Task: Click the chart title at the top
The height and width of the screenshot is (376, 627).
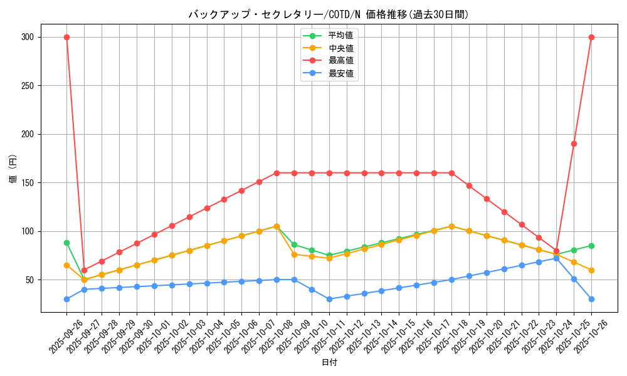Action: click(329, 14)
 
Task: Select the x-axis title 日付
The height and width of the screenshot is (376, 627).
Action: click(329, 363)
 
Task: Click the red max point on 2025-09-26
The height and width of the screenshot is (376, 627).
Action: click(66, 37)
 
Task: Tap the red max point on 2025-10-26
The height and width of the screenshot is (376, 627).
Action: click(591, 37)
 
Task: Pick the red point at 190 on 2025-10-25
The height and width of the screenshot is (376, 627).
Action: click(574, 144)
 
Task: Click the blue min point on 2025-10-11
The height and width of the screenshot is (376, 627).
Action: click(329, 299)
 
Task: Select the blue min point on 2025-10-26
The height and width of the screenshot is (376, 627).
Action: click(591, 299)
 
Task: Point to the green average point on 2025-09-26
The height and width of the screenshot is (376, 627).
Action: click(66, 243)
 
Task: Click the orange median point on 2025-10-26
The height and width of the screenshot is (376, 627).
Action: click(591, 270)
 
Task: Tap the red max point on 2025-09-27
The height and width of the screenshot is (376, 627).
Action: click(84, 270)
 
